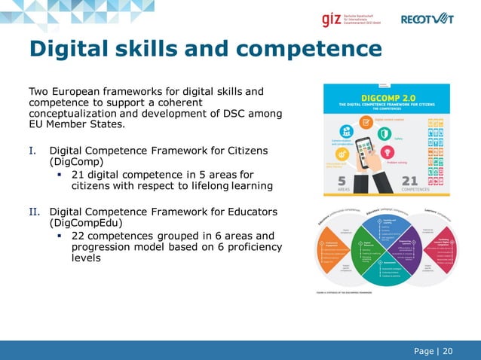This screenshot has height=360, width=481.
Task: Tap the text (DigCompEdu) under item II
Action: [x=83, y=223]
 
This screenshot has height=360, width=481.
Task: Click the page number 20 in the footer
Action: [x=448, y=350]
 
